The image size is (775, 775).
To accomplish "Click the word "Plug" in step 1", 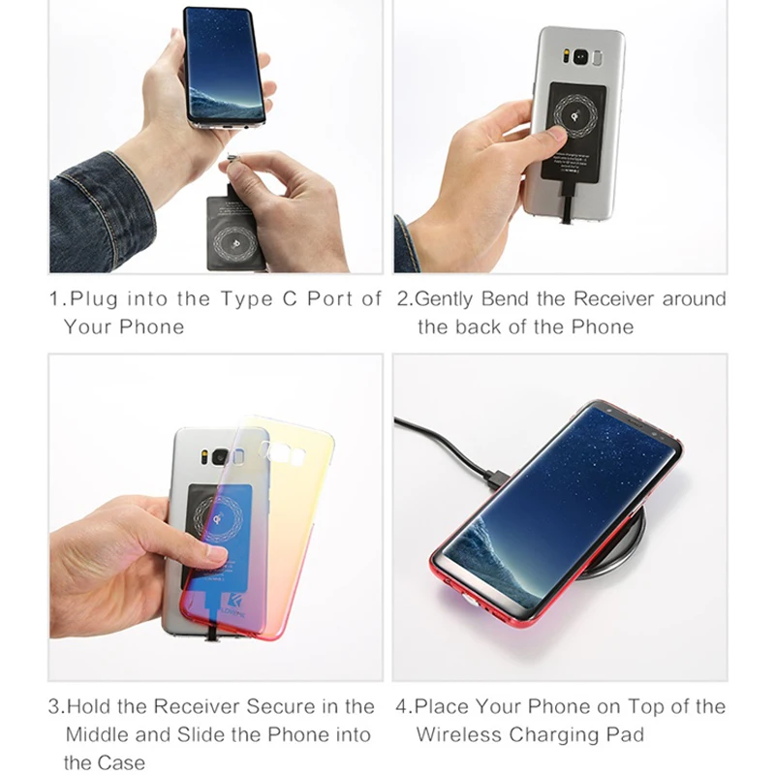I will [x=93, y=299].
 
